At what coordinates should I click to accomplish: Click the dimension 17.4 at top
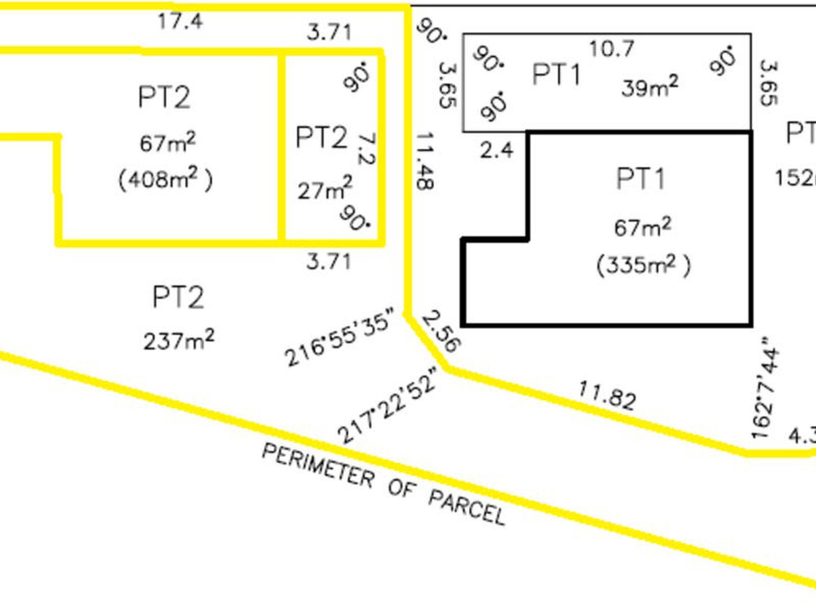click(180, 21)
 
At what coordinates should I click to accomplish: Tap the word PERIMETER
click(318, 466)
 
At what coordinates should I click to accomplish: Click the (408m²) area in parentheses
click(165, 180)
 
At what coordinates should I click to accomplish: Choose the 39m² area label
click(650, 87)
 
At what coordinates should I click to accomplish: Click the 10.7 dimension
click(611, 49)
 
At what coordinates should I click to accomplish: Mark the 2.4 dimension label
click(496, 150)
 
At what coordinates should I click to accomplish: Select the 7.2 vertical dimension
click(366, 149)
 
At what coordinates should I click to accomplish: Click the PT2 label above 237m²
click(178, 297)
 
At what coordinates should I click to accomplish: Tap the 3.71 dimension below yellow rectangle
click(329, 261)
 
